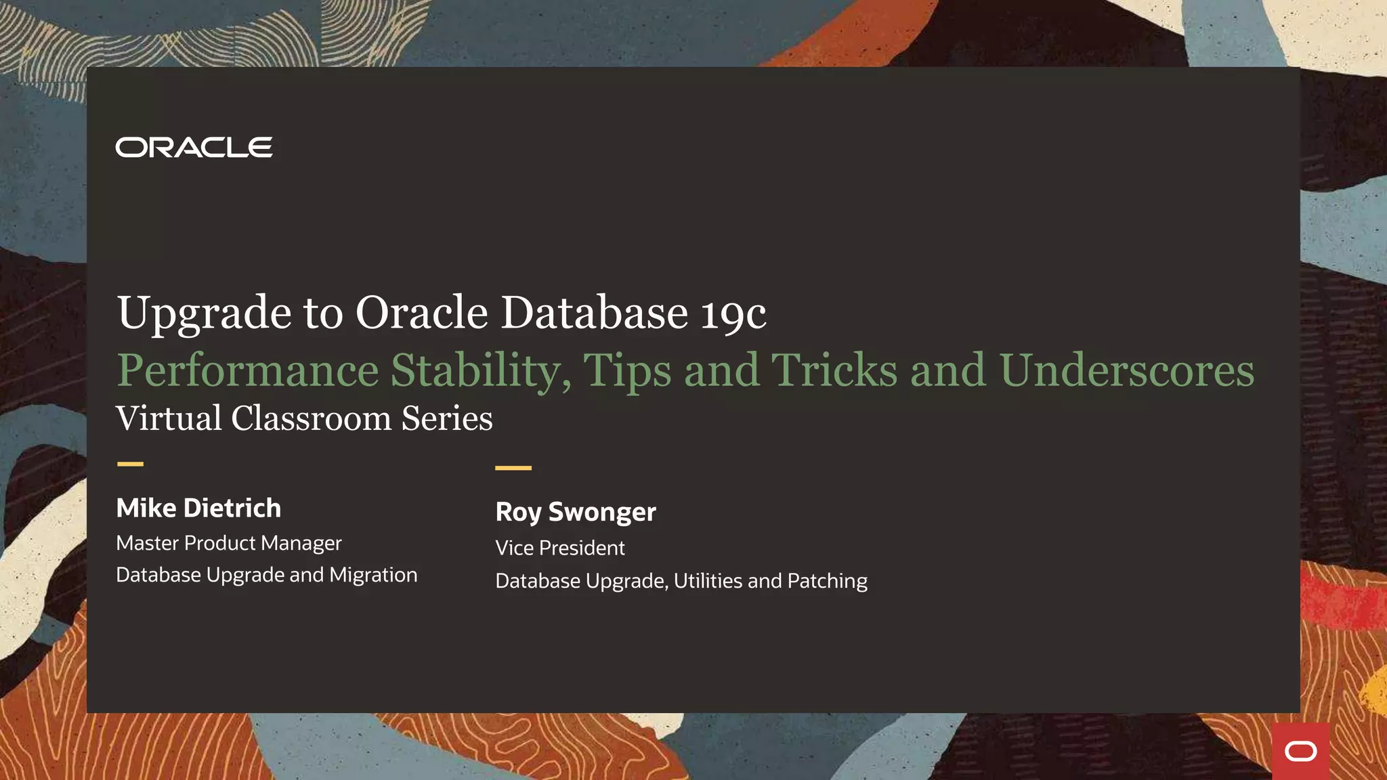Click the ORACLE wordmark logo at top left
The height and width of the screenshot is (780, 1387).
[194, 147]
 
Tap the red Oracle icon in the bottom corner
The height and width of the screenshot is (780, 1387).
[1300, 751]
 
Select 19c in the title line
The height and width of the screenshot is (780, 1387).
[733, 313]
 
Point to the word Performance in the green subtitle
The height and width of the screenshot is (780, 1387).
[248, 370]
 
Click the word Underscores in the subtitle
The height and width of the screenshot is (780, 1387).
[1126, 370]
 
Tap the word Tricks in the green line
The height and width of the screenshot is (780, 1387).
[834, 370]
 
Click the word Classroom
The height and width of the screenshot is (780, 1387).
[311, 418]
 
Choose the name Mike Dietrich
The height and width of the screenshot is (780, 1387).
[198, 508]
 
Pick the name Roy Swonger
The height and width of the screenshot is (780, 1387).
[576, 513]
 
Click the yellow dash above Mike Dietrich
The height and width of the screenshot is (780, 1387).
[130, 464]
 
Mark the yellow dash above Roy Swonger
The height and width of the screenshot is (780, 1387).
[513, 468]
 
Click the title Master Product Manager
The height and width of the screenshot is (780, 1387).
[229, 543]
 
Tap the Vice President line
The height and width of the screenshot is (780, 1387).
[560, 548]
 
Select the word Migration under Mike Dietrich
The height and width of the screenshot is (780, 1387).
[373, 575]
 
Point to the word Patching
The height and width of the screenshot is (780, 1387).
[827, 581]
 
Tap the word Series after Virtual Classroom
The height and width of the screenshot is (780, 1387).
[447, 418]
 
